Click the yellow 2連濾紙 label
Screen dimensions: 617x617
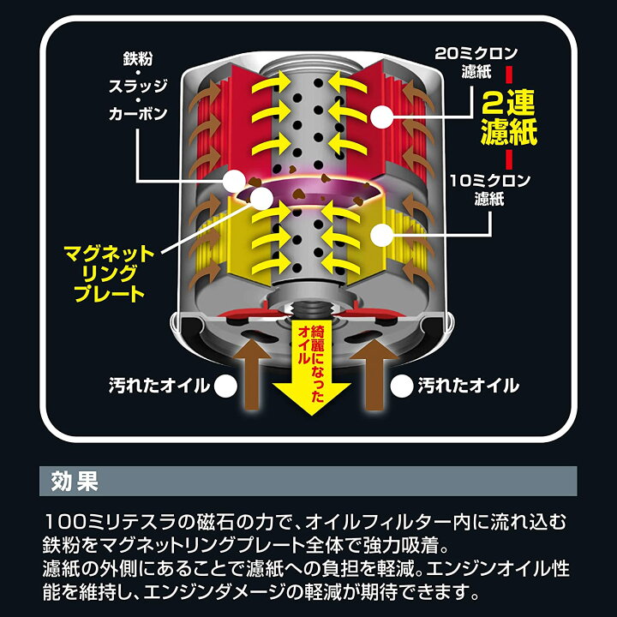pyautogui.click(x=509, y=117)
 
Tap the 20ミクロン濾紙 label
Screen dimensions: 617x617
pyautogui.click(x=476, y=63)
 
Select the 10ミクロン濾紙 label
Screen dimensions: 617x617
pyautogui.click(x=490, y=190)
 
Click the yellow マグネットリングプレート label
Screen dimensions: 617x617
pyautogui.click(x=109, y=273)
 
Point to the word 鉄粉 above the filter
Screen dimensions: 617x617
pyautogui.click(x=137, y=58)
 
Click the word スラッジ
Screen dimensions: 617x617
pyautogui.click(x=138, y=86)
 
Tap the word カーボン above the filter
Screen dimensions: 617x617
pyautogui.click(x=138, y=114)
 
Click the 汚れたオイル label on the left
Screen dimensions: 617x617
pyautogui.click(x=159, y=386)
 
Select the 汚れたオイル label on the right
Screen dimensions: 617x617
pyautogui.click(x=468, y=386)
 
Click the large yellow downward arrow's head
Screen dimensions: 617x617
pyautogui.click(x=311, y=398)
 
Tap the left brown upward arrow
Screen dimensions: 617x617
pyautogui.click(x=252, y=374)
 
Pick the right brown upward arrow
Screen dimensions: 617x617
pyautogui.click(x=374, y=374)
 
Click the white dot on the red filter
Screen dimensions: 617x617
pyautogui.click(x=381, y=117)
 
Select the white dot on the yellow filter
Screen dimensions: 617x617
pyautogui.click(x=381, y=235)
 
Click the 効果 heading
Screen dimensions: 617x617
pyautogui.click(x=75, y=481)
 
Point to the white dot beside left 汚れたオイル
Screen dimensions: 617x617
pyautogui.click(x=225, y=386)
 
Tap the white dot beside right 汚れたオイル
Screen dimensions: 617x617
pyautogui.click(x=402, y=386)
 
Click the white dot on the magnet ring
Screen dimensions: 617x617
pyautogui.click(x=261, y=198)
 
